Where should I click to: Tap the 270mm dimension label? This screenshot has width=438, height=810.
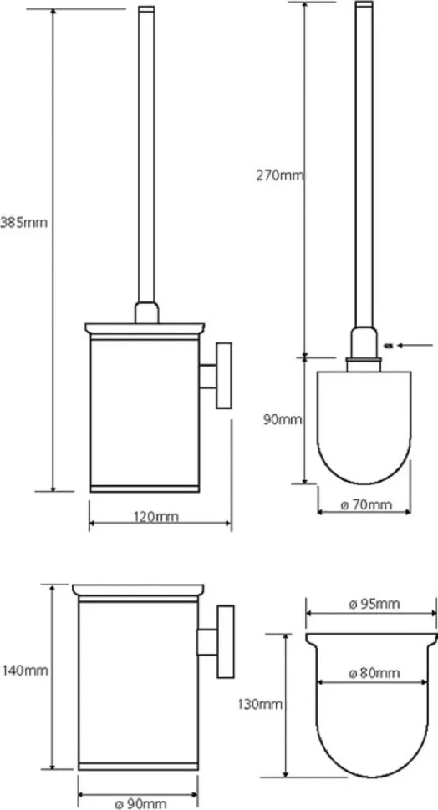tap(280, 175)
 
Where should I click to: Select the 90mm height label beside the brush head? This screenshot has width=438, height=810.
tap(283, 419)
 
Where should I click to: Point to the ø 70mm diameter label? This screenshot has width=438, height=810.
tap(367, 504)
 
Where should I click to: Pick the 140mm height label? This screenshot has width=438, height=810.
tap(25, 671)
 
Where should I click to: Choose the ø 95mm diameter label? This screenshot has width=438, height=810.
tap(374, 604)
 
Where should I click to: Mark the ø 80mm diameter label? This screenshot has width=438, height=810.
tap(374, 673)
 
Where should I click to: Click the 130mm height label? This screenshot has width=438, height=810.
tap(260, 704)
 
